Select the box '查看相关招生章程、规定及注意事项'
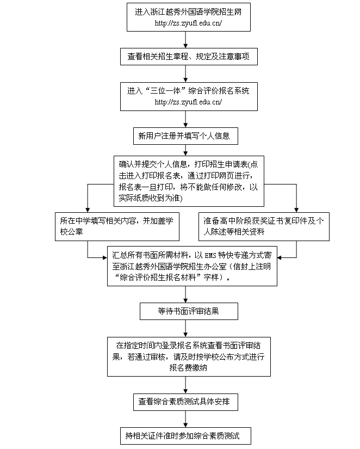pyautogui.click(x=188, y=56)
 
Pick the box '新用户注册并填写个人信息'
pyautogui.click(x=186, y=135)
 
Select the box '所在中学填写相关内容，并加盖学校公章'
pyautogui.click(x=118, y=226)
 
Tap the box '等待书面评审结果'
pyautogui.click(x=188, y=311)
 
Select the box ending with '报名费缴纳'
pyautogui.click(x=188, y=356)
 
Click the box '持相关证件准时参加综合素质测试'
pyautogui.click(x=186, y=435)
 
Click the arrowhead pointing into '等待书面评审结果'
pyautogui.click(x=186, y=300)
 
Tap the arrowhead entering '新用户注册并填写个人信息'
pyautogui.click(x=186, y=125)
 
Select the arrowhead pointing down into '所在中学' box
pyautogui.click(x=88, y=208)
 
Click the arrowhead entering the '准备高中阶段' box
pyautogui.click(x=296, y=208)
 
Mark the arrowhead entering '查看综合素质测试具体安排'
pyautogui.click(x=186, y=391)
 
